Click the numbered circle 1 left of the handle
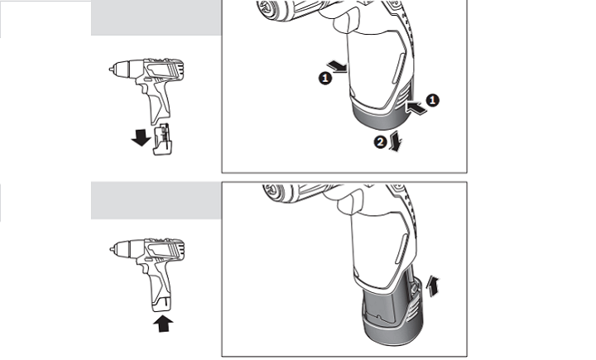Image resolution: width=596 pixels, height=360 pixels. [325, 79]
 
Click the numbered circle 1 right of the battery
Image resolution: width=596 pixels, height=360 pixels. [432, 100]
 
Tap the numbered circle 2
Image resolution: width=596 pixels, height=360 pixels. [380, 142]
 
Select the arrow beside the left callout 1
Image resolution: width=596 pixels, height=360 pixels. [338, 66]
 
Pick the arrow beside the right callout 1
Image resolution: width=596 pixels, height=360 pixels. [416, 107]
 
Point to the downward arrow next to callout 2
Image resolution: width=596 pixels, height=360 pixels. [396, 141]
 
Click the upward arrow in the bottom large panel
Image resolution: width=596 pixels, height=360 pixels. [433, 286]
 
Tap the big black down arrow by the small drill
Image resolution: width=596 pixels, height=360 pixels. [141, 137]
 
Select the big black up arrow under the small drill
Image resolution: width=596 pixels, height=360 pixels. [163, 324]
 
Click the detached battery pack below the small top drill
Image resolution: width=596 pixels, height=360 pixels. [162, 139]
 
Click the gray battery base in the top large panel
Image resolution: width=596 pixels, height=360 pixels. [382, 115]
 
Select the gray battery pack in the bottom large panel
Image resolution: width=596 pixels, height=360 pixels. [392, 310]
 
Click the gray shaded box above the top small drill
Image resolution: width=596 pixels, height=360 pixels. [156, 18]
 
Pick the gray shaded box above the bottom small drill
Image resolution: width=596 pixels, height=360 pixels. [156, 200]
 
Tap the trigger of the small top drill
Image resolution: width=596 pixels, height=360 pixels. [143, 89]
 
